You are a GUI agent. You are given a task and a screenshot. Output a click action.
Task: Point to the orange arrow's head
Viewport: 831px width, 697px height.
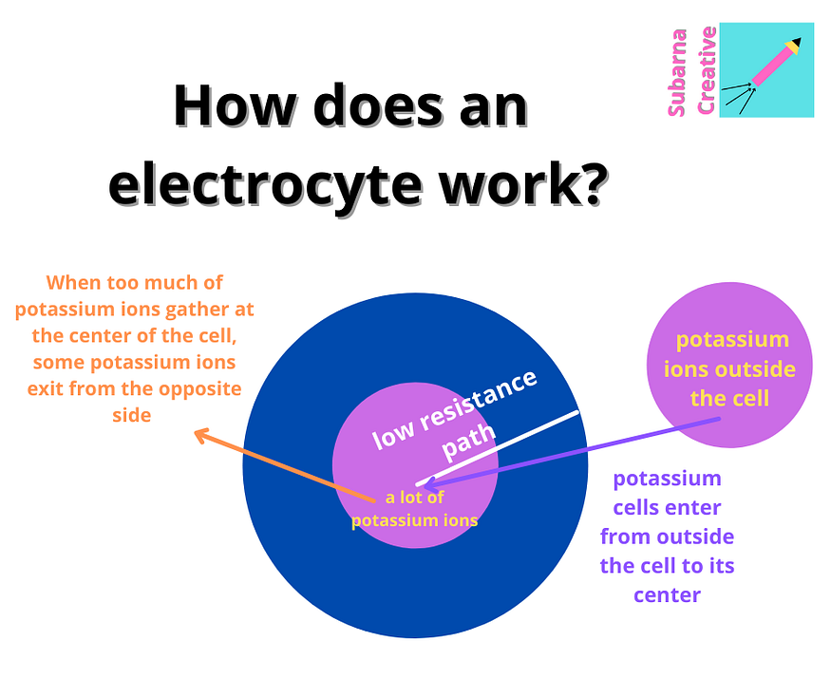click(x=199, y=434)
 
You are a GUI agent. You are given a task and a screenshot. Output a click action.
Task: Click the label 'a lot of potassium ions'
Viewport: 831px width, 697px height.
click(x=414, y=509)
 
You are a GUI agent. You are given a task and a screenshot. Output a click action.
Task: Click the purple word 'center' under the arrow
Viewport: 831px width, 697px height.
click(x=667, y=595)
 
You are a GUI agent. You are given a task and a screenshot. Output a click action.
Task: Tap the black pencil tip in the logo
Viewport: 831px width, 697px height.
click(x=794, y=43)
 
